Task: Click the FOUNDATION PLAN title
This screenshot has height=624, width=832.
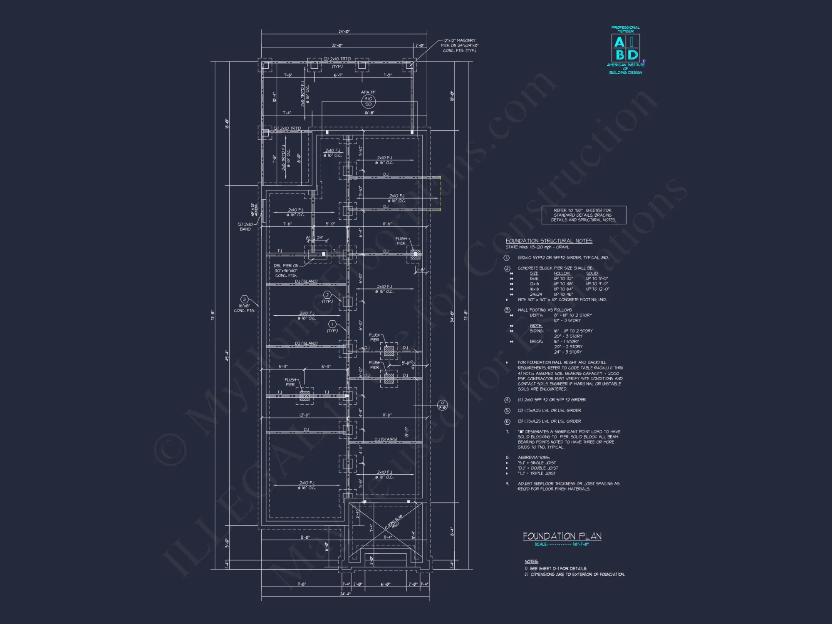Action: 562,536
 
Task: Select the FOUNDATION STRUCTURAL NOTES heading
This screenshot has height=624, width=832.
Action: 549,241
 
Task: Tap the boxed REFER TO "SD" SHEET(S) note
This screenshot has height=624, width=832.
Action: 584,215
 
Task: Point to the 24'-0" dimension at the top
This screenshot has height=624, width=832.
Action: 344,32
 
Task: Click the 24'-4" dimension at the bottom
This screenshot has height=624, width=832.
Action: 345,594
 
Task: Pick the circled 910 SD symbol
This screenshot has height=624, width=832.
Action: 368,102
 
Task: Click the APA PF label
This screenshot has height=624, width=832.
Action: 368,92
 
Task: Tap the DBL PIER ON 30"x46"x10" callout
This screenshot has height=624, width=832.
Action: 286,270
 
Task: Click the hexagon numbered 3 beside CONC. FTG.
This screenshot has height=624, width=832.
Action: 244,299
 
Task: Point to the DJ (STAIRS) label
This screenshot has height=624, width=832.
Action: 386,439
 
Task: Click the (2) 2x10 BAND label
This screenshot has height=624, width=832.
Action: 245,227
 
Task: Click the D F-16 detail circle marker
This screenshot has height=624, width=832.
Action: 442,405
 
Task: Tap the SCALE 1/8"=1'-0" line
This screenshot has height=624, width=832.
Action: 562,545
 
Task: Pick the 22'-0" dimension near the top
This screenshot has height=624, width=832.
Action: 337,45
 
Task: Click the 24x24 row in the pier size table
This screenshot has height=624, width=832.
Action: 536,295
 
